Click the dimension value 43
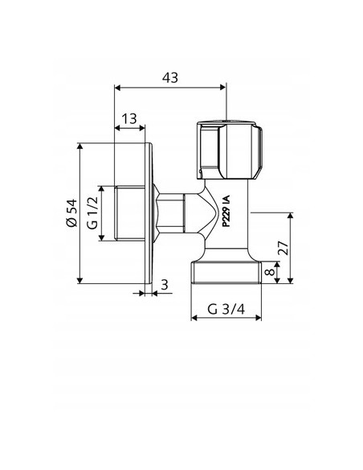pyautogui.click(x=169, y=77)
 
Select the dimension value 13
pyautogui.click(x=129, y=118)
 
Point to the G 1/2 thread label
pyautogui.click(x=92, y=213)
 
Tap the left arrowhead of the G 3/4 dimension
pyautogui.click(x=194, y=317)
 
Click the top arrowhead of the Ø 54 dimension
pyautogui.click(x=81, y=147)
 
